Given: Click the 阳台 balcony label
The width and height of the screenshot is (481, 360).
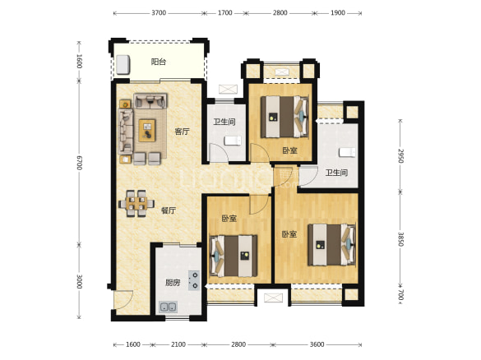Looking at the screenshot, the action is point(159,62).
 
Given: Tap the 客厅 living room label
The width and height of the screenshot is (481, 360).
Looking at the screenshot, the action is point(182,132).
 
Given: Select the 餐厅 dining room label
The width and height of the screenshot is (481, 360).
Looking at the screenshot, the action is point(169,210).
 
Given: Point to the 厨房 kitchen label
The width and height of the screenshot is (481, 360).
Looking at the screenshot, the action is point(173,283).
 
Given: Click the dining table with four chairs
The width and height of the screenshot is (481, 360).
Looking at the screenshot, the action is point(136,203).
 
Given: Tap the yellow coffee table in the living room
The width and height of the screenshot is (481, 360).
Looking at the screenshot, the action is point(147,131).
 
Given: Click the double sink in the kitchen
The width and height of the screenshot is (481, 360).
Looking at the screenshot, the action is point(168,307).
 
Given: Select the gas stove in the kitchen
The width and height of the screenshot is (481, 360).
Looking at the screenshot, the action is point(194,280).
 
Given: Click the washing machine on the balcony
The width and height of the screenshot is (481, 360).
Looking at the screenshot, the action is point(123,64).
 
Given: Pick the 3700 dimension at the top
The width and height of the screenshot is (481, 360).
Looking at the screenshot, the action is point(159,13).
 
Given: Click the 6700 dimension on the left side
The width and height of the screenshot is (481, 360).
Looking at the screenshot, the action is point(79,163).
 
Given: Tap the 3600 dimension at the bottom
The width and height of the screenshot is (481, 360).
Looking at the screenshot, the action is point(317,344).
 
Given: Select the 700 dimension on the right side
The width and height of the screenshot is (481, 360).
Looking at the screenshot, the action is point(401,295).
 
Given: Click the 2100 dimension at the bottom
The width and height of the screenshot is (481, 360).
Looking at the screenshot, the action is point(178,344).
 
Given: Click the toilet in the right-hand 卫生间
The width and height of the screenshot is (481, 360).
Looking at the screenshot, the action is point(347,152).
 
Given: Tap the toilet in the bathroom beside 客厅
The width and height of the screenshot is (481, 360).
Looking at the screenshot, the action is point(233,141).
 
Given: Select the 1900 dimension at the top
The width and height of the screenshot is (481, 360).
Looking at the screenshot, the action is point(338,13).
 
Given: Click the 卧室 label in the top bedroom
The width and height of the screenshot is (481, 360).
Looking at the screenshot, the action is point(290,150).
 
